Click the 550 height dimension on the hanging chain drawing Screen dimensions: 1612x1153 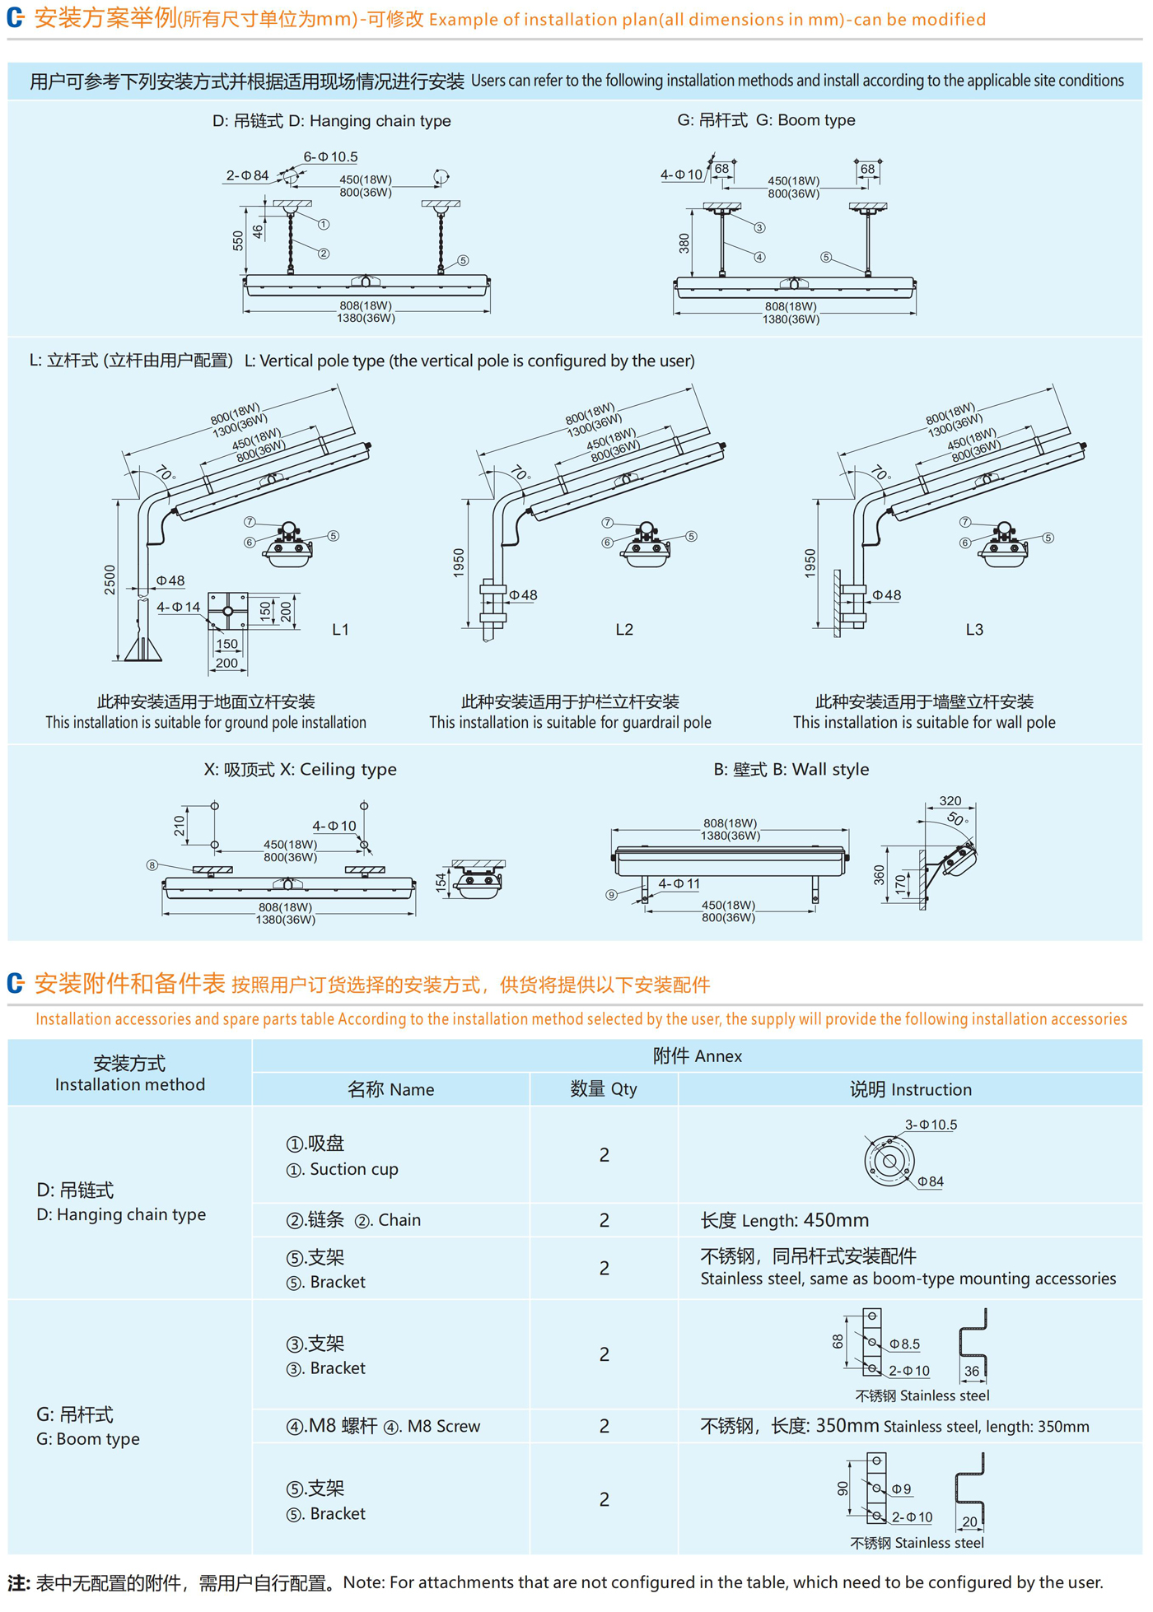click(x=238, y=240)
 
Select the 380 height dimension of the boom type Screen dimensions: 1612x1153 click(x=684, y=243)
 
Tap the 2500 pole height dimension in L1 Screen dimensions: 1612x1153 click(x=110, y=580)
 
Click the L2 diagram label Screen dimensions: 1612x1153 click(x=624, y=630)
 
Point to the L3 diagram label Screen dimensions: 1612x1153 click(x=974, y=630)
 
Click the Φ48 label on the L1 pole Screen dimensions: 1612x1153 click(x=170, y=581)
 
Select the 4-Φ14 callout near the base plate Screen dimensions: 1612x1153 click(x=179, y=608)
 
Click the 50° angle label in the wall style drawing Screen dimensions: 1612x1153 click(x=958, y=819)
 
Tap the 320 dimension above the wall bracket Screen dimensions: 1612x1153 click(x=950, y=801)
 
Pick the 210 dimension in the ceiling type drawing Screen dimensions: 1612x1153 click(x=180, y=826)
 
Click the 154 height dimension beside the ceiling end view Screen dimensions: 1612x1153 click(x=441, y=882)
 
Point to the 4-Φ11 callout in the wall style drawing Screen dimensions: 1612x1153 click(x=679, y=884)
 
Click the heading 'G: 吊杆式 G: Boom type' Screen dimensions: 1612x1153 click(x=766, y=120)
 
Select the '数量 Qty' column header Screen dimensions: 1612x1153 click(x=604, y=1089)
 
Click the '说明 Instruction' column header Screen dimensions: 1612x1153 click(x=910, y=1090)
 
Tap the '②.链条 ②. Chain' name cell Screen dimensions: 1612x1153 click(x=353, y=1220)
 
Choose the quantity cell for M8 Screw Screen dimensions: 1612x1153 click(x=604, y=1426)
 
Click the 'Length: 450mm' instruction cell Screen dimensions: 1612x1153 click(x=784, y=1220)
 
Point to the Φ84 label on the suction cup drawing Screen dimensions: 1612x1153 click(x=931, y=1181)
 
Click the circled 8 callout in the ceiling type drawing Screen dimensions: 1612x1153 click(x=152, y=865)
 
